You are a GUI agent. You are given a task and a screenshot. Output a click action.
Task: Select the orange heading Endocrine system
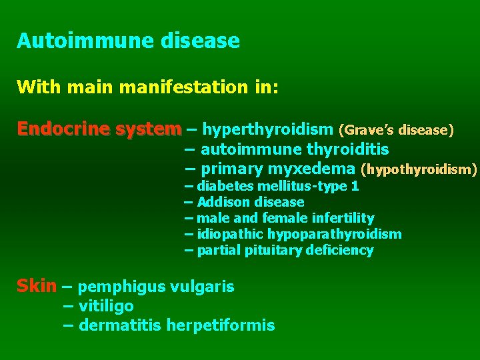(x=99, y=128)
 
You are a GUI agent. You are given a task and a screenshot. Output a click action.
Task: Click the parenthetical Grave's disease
(x=396, y=129)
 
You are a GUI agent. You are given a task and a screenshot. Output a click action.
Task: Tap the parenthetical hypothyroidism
(x=419, y=169)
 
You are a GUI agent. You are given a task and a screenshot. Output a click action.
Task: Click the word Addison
(x=223, y=202)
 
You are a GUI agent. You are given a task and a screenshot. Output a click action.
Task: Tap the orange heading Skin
(x=36, y=287)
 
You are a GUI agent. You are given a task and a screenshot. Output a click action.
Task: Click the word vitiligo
(x=106, y=306)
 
